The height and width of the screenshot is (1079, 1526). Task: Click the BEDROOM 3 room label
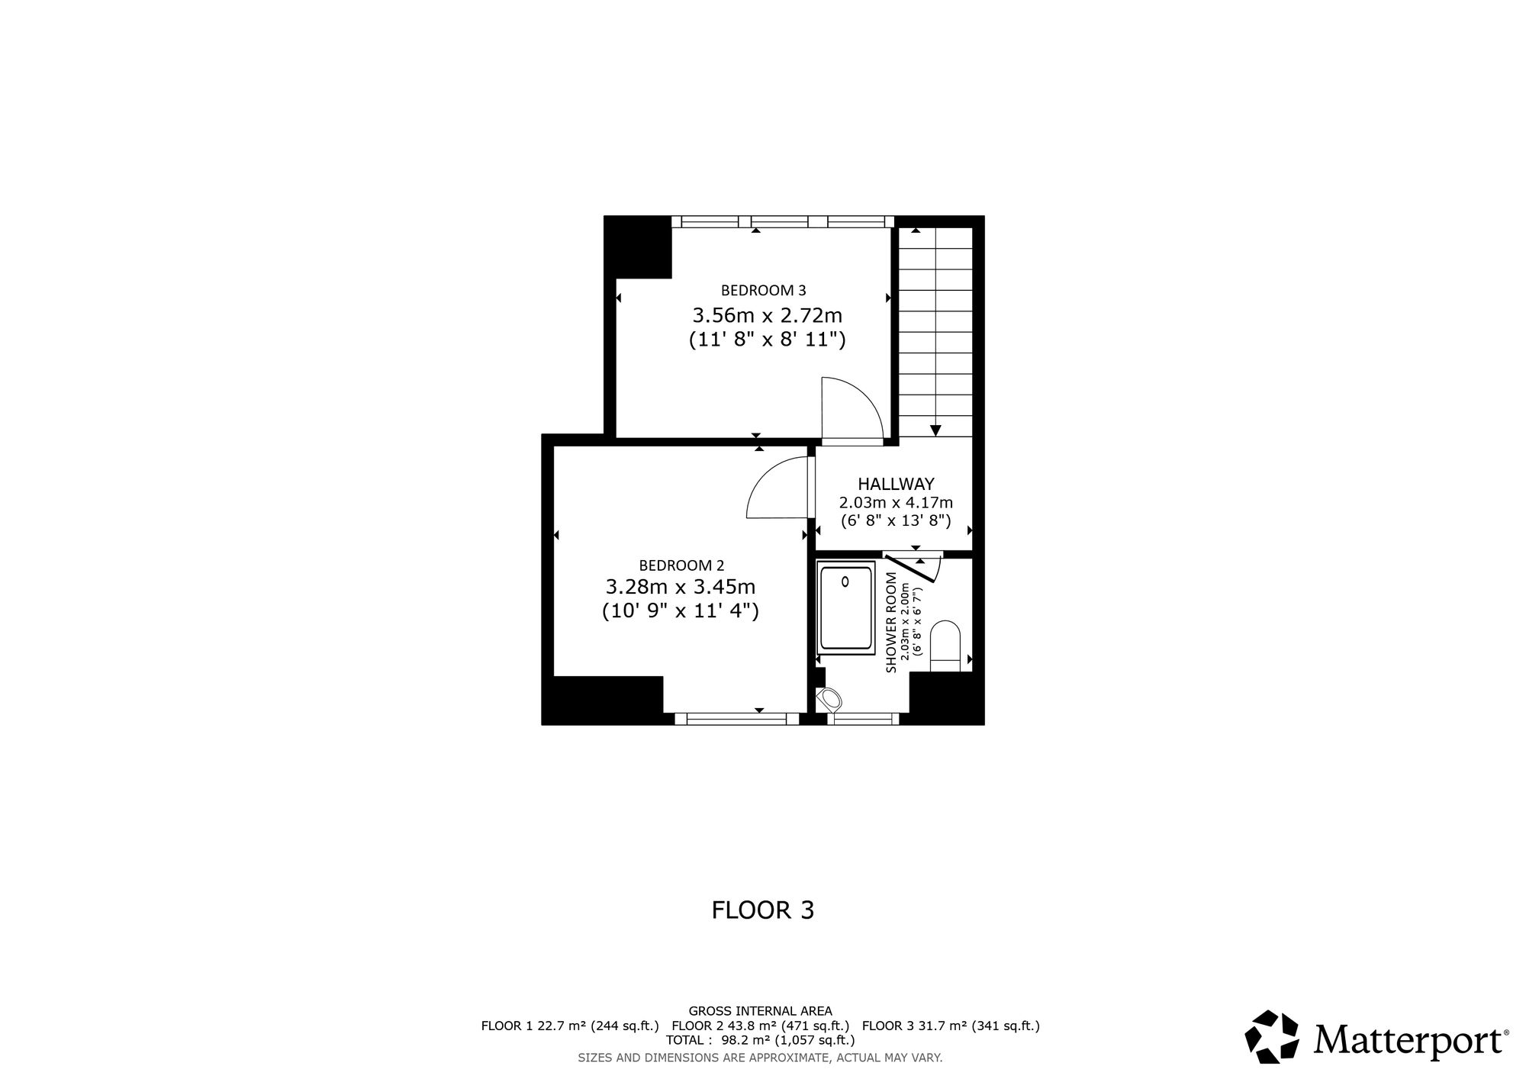(763, 290)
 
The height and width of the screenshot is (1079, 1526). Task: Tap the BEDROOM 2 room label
(681, 565)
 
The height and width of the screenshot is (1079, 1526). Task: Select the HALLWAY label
(896, 484)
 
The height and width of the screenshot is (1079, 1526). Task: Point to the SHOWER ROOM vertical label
(890, 622)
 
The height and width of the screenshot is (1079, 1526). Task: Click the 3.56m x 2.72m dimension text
(767, 315)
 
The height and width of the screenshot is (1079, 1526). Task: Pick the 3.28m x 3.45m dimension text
(680, 587)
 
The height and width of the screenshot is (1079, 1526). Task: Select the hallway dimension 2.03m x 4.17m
(896, 503)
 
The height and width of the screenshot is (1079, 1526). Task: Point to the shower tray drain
(845, 582)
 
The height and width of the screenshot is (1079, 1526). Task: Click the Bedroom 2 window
(737, 718)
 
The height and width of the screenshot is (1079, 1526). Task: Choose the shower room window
(863, 718)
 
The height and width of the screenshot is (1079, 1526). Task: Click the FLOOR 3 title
(763, 910)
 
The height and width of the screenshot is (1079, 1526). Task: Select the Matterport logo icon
(1272, 1037)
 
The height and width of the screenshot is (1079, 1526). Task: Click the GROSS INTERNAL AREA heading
(760, 1012)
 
